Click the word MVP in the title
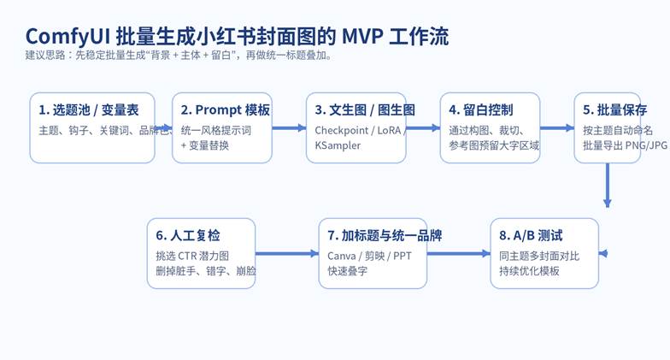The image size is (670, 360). point(361,37)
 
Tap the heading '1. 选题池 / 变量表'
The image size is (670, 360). point(90,109)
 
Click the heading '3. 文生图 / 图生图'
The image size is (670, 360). point(365,109)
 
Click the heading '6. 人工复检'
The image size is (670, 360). point(192,235)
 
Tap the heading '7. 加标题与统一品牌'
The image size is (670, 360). point(385,235)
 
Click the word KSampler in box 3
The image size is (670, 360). point(338,145)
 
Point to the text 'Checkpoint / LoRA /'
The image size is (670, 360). point(360,130)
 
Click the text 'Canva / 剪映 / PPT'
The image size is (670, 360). point(369,256)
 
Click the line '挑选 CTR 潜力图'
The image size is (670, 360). point(193,256)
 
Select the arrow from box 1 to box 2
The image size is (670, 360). point(163,128)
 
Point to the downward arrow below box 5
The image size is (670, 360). point(608,184)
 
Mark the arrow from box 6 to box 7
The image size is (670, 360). point(286,254)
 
